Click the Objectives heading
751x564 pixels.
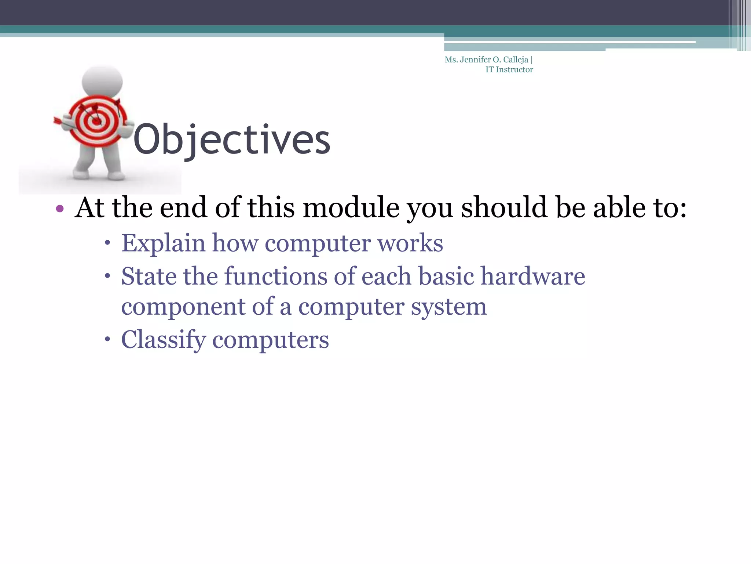pos(232,140)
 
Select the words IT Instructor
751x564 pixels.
pos(509,70)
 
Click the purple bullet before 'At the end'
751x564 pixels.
pos(60,209)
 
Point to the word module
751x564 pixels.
pos(351,208)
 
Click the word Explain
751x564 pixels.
pos(163,243)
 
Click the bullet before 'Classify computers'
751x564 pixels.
pos(107,339)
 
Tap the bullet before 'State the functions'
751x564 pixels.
pos(107,275)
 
